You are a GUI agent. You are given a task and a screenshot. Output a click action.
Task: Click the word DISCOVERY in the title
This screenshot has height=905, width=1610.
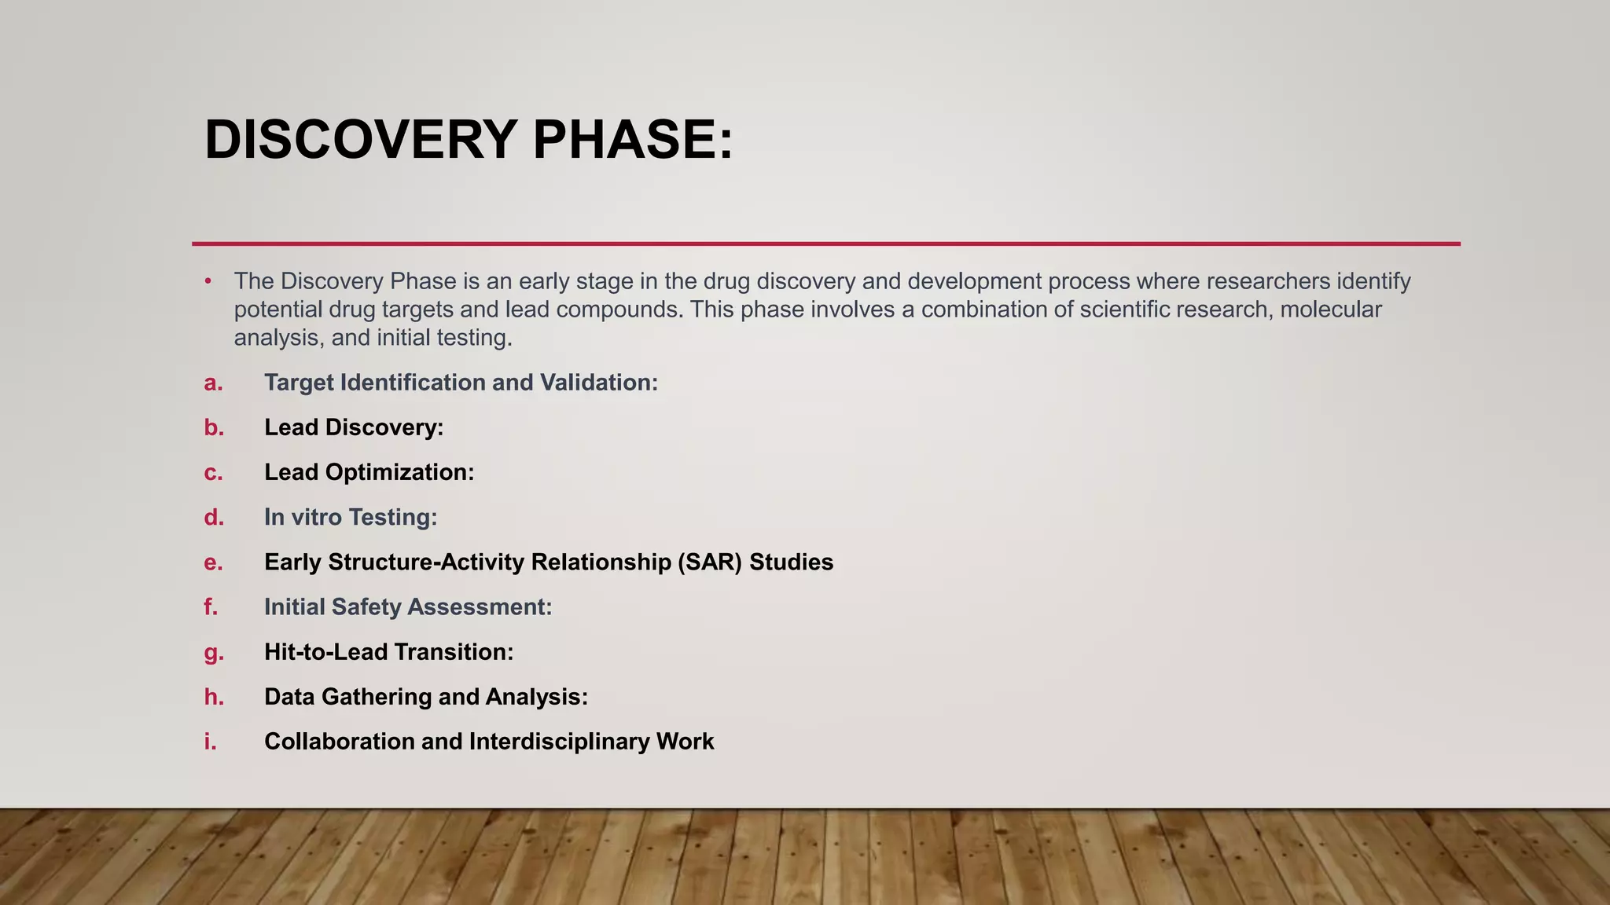[361, 140]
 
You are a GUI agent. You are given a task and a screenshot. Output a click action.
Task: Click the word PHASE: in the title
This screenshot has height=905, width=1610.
[633, 140]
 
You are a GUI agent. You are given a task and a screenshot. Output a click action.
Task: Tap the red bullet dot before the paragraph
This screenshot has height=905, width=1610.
[208, 281]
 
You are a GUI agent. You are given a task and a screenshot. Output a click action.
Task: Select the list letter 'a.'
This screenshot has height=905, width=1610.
[213, 383]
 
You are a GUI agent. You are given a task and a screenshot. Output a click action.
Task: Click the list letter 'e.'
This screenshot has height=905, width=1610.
[213, 562]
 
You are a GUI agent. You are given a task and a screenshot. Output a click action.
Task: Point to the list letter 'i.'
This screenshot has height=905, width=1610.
[210, 742]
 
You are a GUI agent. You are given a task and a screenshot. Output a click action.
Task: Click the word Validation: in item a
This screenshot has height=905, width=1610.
[599, 383]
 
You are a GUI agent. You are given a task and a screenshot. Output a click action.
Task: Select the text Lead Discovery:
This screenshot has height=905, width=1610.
[354, 427]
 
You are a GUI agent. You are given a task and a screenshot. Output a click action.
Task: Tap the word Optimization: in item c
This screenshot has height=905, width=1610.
[399, 472]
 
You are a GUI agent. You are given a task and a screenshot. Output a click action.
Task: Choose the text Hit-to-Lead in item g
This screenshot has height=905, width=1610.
[325, 652]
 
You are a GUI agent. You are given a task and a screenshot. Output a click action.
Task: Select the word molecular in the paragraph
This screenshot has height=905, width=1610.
[1330, 310]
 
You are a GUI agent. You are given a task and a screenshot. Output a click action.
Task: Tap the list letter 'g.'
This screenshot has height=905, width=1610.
[214, 652]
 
